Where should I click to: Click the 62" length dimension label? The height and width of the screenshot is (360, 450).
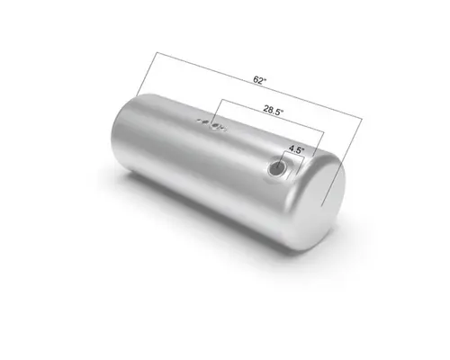[x=259, y=81]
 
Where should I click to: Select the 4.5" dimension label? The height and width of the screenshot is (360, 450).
[x=294, y=149]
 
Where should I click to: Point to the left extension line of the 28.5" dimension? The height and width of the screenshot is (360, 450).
[x=214, y=111]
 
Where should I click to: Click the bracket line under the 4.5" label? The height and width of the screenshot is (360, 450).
[x=293, y=157]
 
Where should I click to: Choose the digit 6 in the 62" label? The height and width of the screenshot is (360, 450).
[x=256, y=81]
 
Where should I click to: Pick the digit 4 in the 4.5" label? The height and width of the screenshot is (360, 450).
[x=290, y=149]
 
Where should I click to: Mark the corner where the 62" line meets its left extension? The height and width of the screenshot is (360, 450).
[x=155, y=56]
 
